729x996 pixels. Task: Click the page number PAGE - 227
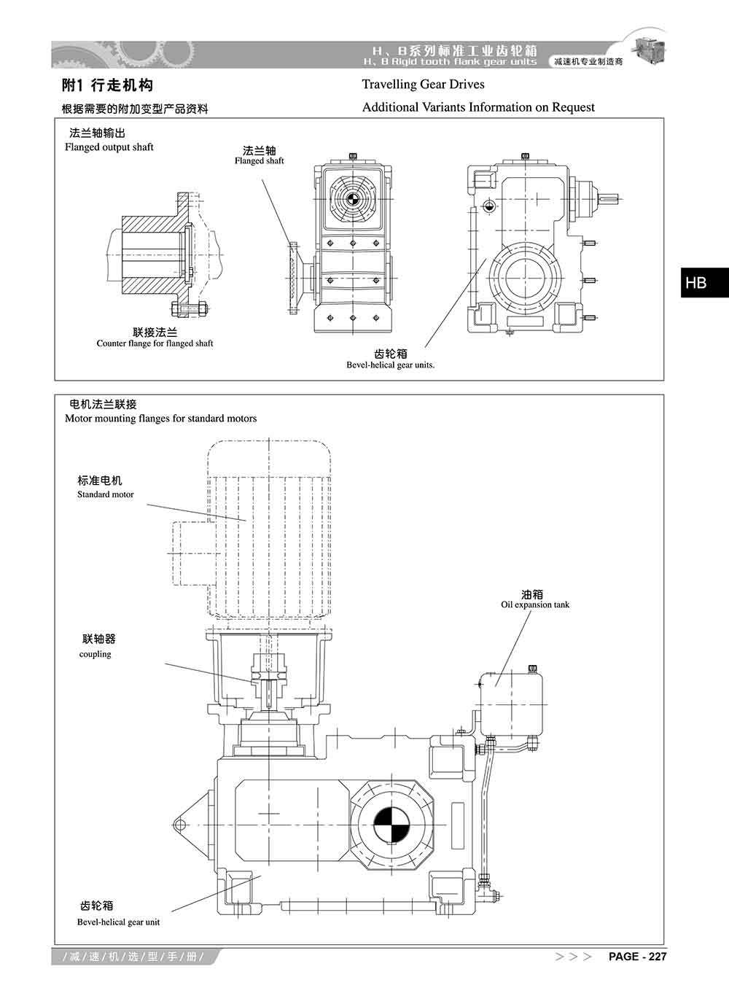tap(637, 957)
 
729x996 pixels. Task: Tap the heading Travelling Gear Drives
tap(423, 85)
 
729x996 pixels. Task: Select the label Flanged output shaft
tap(109, 147)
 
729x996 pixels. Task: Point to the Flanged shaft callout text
tap(260, 161)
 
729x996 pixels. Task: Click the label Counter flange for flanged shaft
tap(155, 343)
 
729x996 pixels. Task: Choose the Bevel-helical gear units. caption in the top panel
tap(391, 365)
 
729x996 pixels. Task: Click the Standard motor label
tap(106, 494)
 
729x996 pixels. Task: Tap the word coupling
tap(95, 654)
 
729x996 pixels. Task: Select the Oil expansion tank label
tap(535, 604)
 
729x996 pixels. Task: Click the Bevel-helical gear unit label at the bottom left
tap(118, 922)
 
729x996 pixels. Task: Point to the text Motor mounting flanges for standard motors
tap(160, 419)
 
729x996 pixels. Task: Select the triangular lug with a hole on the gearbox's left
tap(188, 824)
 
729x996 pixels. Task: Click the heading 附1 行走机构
tap(107, 85)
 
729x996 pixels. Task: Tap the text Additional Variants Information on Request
tap(478, 107)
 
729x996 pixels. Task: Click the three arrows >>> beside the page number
tap(573, 957)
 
